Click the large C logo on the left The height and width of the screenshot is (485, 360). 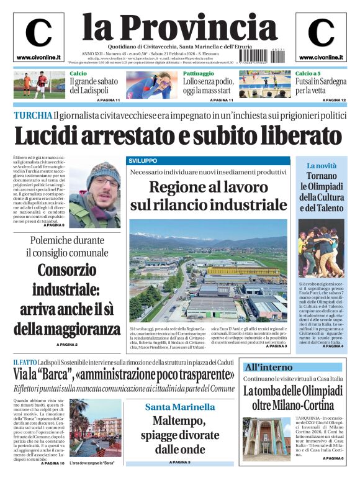point(38,34)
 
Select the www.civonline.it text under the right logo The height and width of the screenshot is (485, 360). point(321,58)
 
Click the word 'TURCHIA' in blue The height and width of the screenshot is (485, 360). point(33,115)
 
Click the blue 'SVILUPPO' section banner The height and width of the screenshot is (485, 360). point(143,160)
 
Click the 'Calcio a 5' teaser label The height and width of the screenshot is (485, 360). point(308,73)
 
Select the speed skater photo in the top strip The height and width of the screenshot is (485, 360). point(148,85)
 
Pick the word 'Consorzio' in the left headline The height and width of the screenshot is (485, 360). point(66,271)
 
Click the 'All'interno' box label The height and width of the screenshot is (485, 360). point(269,366)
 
